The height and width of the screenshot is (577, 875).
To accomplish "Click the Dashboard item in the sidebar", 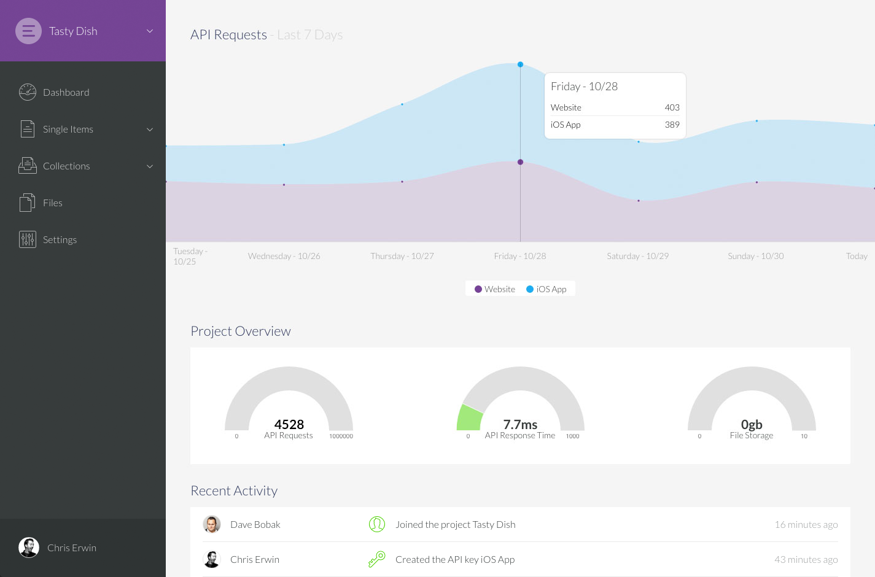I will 66,92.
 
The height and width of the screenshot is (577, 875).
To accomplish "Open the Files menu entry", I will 52,203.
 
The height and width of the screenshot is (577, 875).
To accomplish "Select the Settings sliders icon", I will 28,239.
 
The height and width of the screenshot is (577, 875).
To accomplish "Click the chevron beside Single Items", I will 150,130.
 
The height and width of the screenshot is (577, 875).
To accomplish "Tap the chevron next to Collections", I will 150,166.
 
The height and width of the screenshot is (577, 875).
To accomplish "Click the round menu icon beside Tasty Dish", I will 28,31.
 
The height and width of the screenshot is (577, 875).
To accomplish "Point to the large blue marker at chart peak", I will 520,64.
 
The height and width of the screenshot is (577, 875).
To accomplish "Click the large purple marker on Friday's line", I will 520,162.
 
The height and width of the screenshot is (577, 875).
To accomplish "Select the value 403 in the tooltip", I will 672,107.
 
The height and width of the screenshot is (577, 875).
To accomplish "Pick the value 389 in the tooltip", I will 672,125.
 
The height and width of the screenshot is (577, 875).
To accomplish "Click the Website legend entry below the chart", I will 495,289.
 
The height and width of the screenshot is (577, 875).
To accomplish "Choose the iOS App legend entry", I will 546,289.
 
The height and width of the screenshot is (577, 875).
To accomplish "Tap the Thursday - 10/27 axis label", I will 402,256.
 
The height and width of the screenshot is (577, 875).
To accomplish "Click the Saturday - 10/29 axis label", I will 637,256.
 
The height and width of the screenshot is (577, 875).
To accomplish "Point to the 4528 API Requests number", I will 289,424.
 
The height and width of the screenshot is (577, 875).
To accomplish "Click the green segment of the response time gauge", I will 469,417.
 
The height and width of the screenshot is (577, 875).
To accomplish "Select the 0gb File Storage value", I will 752,424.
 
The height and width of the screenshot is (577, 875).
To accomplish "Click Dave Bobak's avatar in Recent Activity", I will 212,524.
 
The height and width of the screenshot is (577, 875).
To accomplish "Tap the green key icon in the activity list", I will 376,559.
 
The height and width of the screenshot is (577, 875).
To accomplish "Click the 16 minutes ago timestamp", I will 806,524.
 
